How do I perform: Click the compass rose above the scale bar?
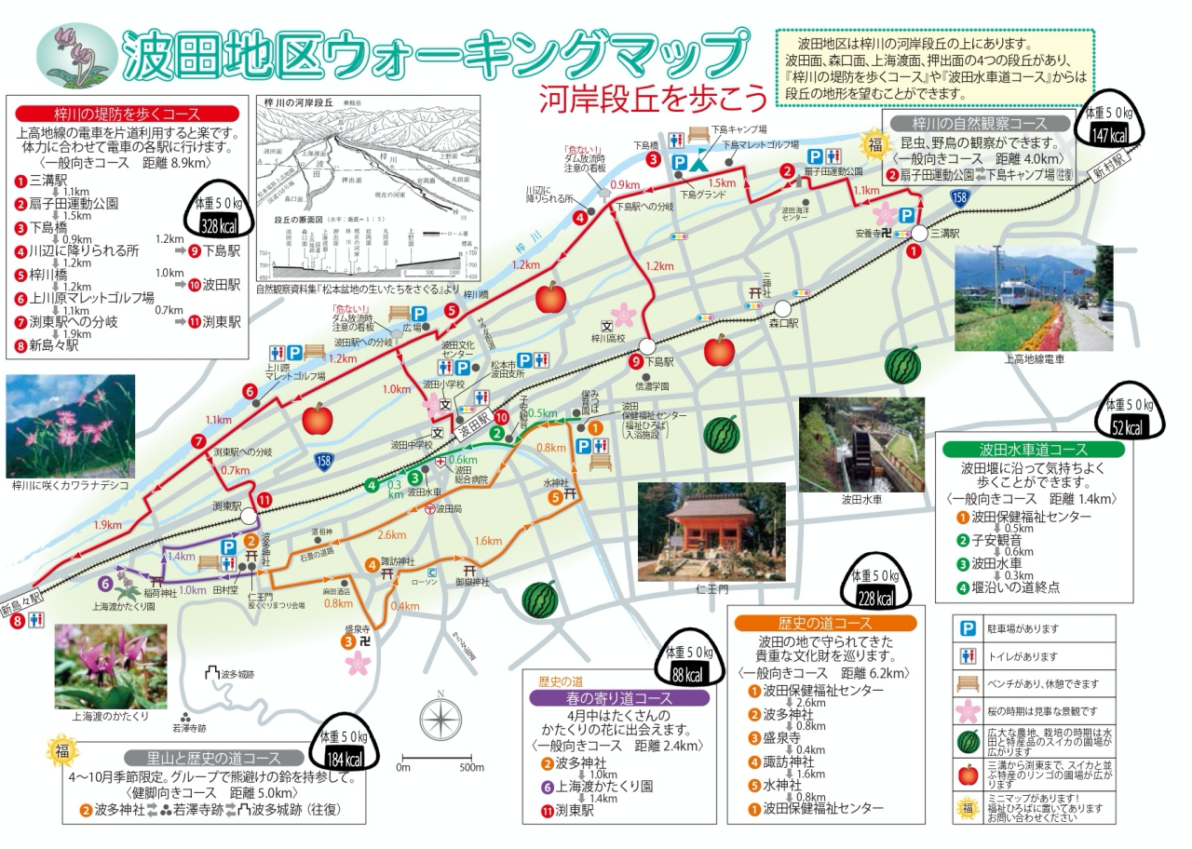[440, 719]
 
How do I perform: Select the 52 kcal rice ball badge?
[1130, 418]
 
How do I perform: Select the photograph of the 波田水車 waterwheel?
[861, 444]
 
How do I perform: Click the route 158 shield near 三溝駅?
[959, 197]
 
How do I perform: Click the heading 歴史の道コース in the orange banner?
[824, 623]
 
